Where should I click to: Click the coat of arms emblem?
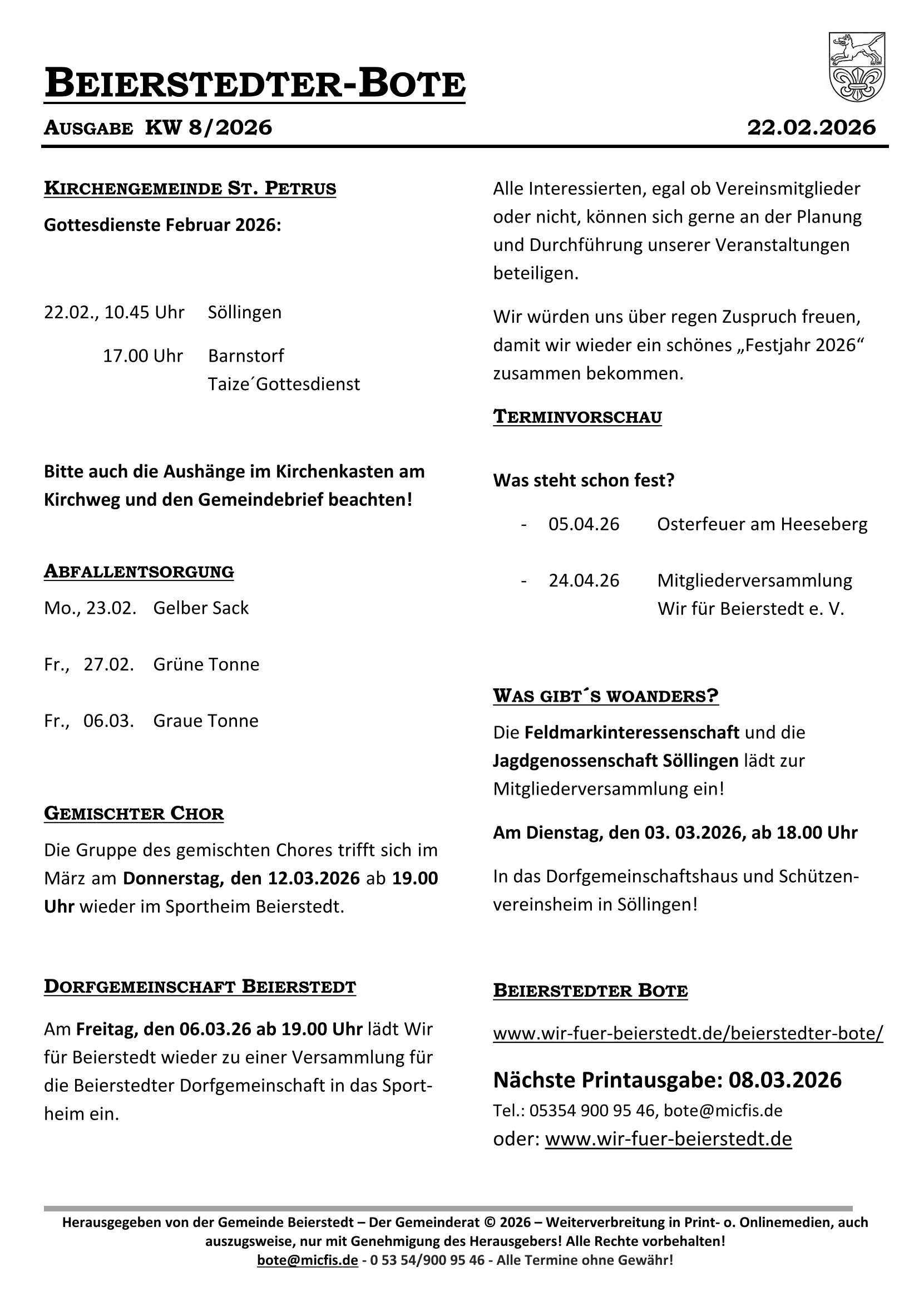[857, 67]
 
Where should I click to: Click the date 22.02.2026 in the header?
[811, 127]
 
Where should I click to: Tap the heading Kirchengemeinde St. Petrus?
[190, 188]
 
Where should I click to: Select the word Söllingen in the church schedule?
[244, 312]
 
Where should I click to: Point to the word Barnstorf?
[246, 356]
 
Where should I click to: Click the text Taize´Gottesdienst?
[283, 384]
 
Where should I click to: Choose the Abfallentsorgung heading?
[139, 571]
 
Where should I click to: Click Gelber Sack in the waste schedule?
[201, 608]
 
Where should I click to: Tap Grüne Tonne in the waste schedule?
[206, 664]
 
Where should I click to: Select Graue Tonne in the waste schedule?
[206, 721]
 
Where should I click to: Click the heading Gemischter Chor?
[134, 814]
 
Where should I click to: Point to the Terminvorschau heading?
[577, 416]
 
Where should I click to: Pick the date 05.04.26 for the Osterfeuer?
[584, 524]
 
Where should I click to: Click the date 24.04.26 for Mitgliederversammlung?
[584, 580]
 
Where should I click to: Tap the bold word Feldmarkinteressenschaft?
[632, 732]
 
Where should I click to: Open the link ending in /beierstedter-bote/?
[688, 1033]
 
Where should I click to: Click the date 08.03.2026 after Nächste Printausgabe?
[785, 1080]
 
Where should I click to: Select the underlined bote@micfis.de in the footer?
[307, 1260]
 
